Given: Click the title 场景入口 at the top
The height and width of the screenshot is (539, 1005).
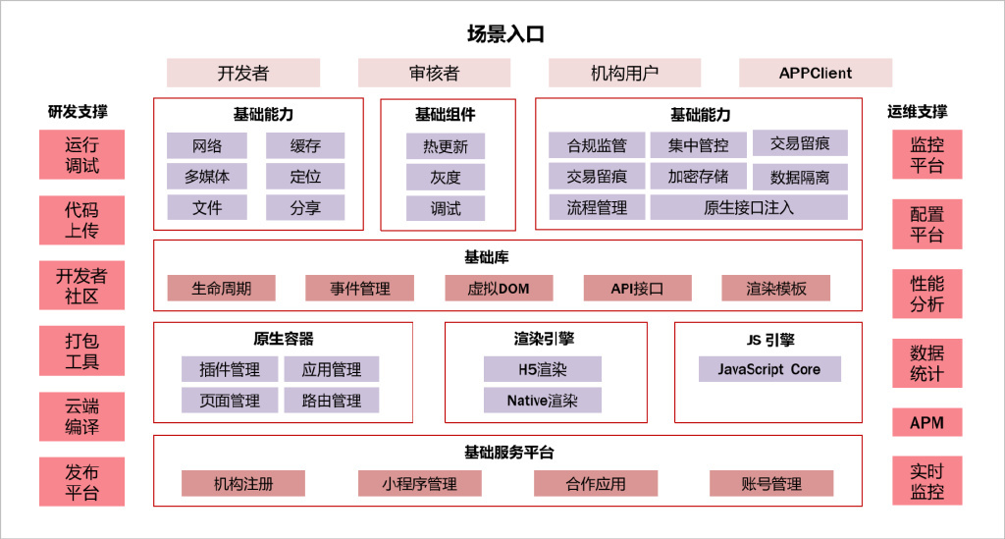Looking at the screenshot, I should pos(505,34).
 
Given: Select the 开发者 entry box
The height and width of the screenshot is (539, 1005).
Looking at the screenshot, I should pos(242,73).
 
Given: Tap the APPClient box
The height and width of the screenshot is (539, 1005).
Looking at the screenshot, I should pos(815,73).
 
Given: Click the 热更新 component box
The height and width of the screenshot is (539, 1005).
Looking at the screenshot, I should pos(446,147).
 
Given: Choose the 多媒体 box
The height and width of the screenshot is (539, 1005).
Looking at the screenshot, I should pos(206,177).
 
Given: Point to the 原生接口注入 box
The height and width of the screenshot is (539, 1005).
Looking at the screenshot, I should pos(748,207).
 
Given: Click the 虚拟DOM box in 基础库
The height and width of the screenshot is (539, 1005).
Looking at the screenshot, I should pos(499,288).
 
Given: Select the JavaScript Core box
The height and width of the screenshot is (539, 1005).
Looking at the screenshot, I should pos(768,369).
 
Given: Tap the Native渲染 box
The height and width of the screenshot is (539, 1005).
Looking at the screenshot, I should pos(542,400).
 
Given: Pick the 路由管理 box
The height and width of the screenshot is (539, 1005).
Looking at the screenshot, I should pos(332,400).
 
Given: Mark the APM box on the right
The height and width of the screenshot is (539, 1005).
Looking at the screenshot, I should pos(926,423).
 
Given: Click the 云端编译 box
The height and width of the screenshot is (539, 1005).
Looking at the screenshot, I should pos(81,416).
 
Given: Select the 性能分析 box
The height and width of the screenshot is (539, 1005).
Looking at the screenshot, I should pos(926,294).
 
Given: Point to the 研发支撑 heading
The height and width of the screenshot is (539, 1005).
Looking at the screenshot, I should pos(78,112).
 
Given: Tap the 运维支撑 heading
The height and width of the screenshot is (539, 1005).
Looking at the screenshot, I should pos(918,112).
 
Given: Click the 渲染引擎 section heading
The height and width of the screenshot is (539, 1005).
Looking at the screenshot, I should pos(544,339).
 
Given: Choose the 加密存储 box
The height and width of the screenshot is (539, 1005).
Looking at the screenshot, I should pos(698,177).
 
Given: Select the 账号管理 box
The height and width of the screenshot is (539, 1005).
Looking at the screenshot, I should pos(771,483).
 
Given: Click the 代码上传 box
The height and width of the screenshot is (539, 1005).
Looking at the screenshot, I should pos(81,220).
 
